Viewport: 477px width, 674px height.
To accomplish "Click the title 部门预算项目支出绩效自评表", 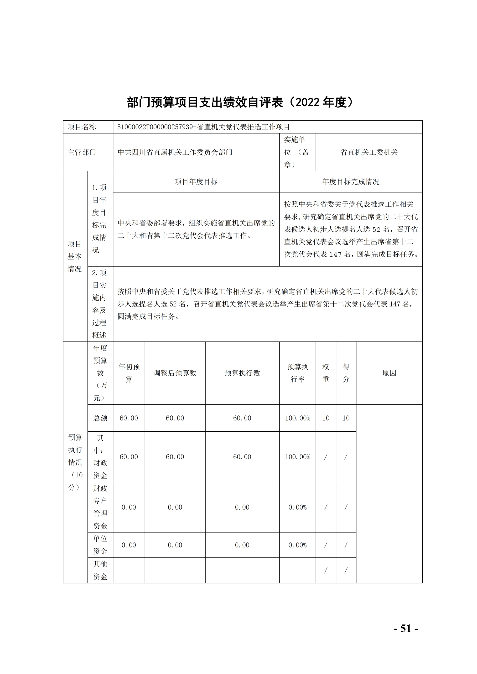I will coord(205,102).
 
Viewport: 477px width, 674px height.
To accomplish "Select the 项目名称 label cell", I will coord(82,127).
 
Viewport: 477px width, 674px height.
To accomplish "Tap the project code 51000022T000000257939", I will coord(155,127).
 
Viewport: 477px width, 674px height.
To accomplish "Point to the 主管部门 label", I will coord(82,152).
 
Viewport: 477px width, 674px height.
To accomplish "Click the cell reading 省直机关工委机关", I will coord(369,152).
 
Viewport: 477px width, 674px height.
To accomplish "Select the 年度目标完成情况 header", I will coord(350,182).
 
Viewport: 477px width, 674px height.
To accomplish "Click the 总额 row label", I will coord(100,418).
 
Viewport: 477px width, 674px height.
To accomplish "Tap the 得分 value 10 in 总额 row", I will coord(346,418).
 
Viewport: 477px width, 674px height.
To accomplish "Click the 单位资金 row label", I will coord(100,545).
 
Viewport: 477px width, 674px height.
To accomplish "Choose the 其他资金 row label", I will coord(100,570).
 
